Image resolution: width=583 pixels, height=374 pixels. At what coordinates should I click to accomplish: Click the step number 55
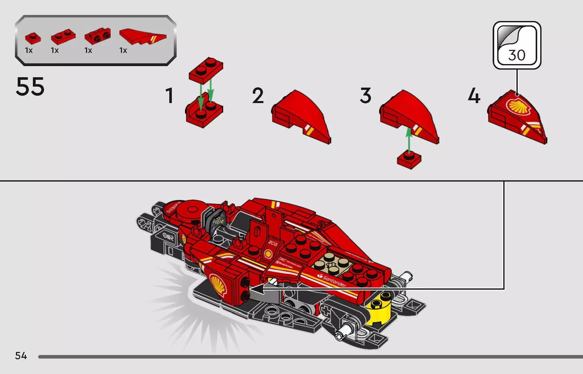point(30,87)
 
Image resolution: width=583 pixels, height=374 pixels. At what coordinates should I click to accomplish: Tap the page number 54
point(21,356)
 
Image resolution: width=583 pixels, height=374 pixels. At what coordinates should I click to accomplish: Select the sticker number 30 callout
point(517,45)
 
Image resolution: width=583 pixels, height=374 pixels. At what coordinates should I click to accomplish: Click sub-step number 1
point(169,95)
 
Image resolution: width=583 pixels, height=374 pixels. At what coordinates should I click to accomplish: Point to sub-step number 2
point(258,95)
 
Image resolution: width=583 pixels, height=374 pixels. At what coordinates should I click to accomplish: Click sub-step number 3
point(366,95)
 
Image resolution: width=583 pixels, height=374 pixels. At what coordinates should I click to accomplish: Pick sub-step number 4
point(474,95)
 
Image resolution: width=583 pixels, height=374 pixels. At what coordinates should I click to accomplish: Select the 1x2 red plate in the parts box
point(63,37)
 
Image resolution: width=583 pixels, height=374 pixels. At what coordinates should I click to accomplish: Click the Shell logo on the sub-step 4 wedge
point(518,107)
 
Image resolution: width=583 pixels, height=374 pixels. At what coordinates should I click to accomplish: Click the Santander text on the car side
point(333,281)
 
